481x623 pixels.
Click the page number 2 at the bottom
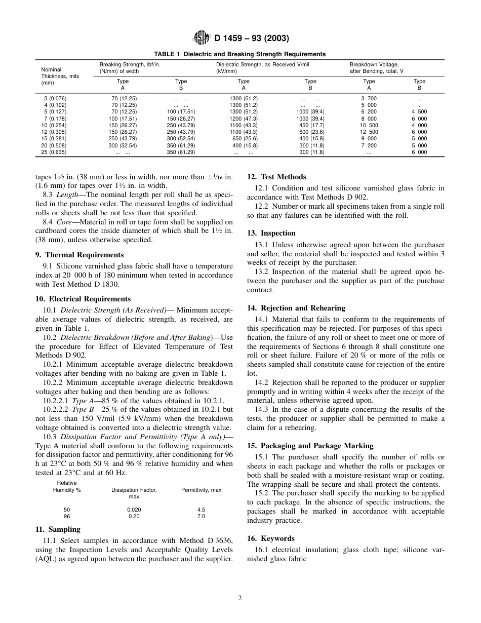(240, 598)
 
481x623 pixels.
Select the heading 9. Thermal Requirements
(84, 255)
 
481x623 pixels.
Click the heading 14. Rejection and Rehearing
(296, 308)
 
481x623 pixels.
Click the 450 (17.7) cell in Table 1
(310, 125)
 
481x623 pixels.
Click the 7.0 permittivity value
(201, 516)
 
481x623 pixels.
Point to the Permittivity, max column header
(201, 490)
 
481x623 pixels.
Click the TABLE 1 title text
(240, 54)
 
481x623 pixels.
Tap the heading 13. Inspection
(278, 233)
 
